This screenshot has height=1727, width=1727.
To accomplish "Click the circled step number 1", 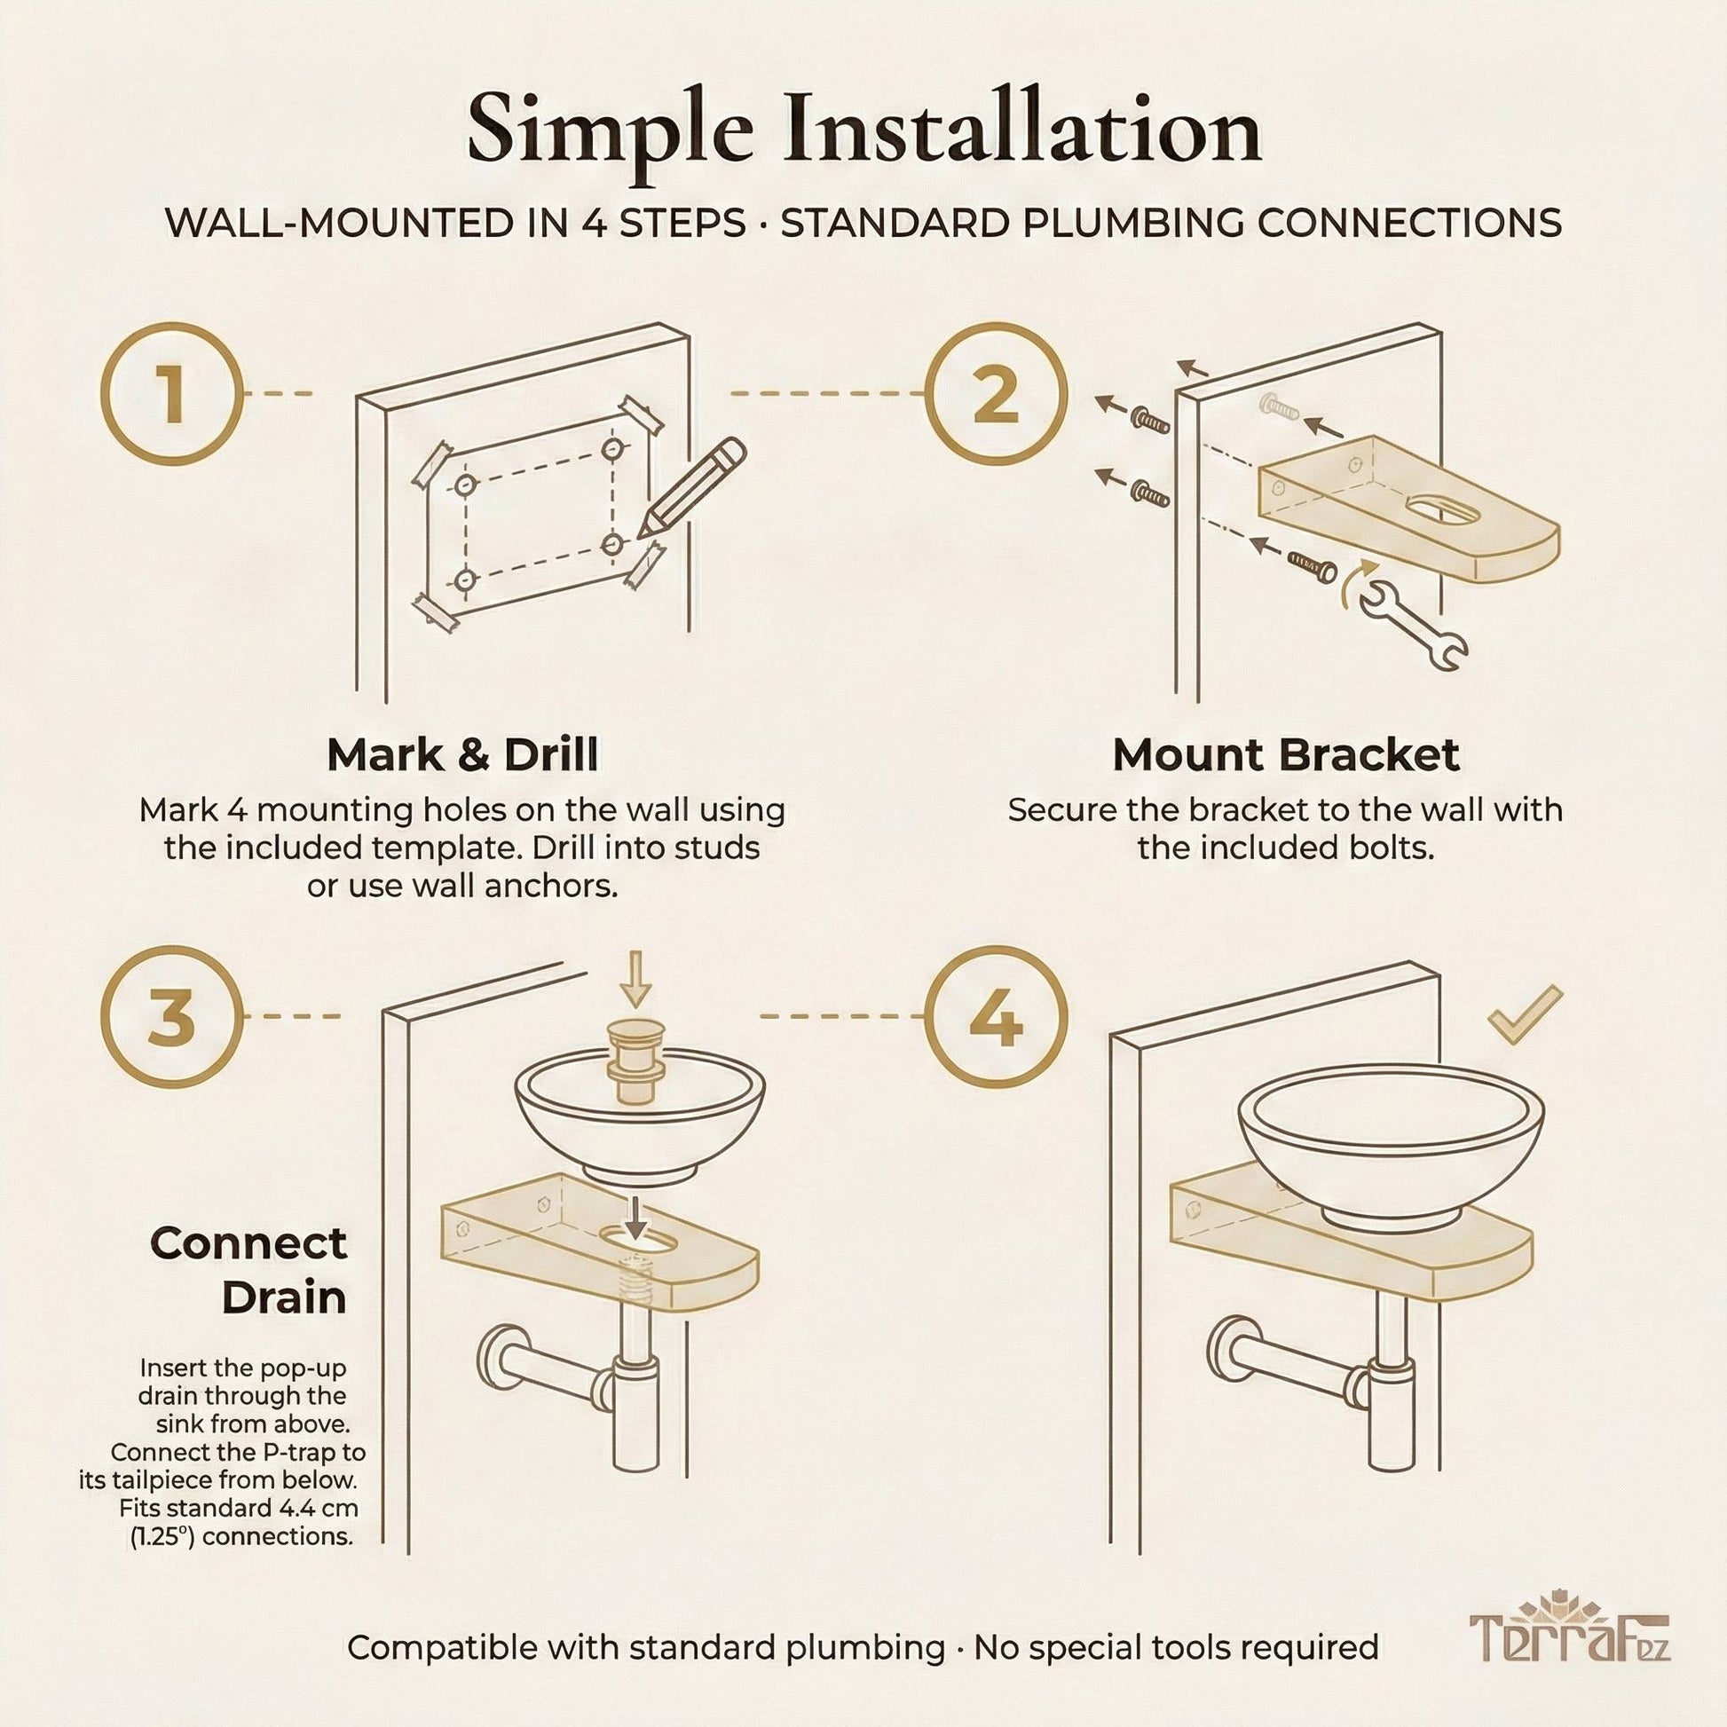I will (171, 394).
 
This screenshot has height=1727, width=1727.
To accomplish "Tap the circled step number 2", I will (995, 394).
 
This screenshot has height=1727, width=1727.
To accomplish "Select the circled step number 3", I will (171, 1017).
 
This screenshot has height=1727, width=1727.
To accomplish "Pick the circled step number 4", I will (995, 1017).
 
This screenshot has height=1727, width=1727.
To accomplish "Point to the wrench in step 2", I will (1413, 633).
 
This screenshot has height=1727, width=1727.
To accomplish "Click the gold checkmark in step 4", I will (1525, 1013).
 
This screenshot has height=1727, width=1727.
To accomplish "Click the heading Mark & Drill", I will (462, 755).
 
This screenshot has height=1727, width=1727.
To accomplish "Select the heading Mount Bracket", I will (1285, 755).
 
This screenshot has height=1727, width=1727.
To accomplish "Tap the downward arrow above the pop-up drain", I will (635, 978).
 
